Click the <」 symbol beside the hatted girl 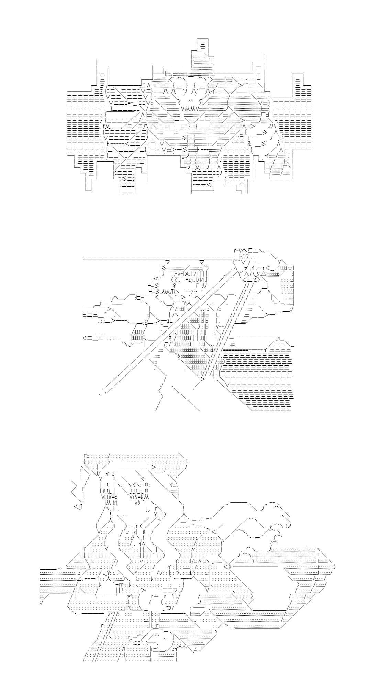(x=78, y=506)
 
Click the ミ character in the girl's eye (x=115, y=496)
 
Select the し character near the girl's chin (x=147, y=510)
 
